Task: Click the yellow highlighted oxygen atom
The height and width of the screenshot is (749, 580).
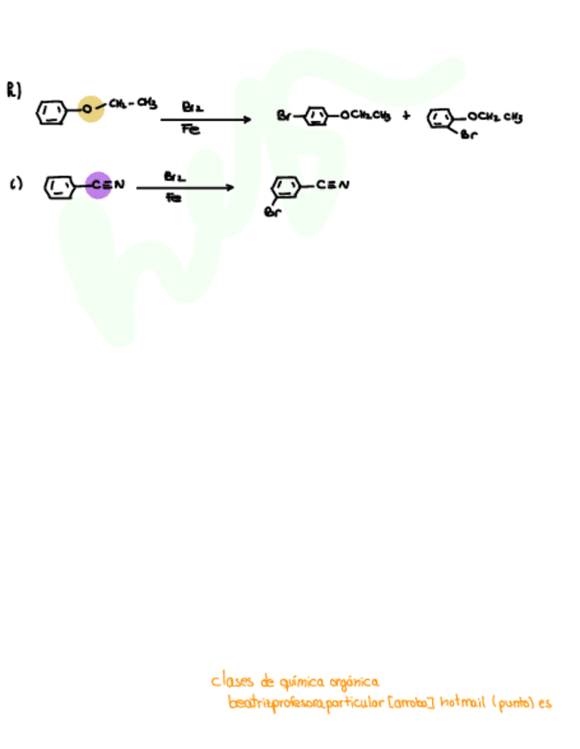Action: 90,109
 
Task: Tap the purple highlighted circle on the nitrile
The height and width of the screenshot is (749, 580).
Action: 99,185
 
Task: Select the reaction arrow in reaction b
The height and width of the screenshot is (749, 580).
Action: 207,119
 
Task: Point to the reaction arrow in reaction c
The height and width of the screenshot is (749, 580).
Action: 185,187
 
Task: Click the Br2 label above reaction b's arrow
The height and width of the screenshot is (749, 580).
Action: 192,106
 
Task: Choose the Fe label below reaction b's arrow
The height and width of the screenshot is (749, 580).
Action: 191,130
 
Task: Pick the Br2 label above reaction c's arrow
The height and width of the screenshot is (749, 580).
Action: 174,176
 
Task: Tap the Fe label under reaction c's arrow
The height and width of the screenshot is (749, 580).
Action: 174,199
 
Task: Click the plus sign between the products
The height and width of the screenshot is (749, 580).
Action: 406,115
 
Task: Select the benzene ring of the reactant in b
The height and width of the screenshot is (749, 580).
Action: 52,113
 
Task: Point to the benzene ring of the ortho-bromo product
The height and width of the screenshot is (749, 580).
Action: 441,118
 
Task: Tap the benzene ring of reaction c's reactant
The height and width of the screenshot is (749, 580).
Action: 59,186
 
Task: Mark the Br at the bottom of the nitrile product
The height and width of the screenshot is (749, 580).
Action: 273,212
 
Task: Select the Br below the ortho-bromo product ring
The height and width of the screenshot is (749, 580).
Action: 469,135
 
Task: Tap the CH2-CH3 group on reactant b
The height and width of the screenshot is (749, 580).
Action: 134,104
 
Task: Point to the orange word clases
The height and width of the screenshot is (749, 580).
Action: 231,681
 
